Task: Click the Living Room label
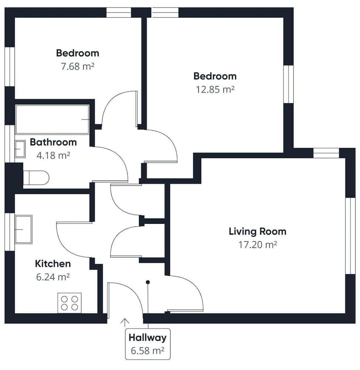point(257,232)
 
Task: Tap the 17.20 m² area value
point(258,245)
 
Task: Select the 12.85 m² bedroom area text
point(215,90)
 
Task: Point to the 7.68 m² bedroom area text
point(77,67)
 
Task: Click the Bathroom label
point(53,142)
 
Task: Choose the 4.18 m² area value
point(53,155)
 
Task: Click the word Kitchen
point(53,264)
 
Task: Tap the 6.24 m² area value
point(53,277)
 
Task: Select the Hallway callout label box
point(148,344)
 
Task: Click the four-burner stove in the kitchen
point(70,303)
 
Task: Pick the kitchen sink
point(23,229)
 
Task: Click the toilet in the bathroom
point(36,178)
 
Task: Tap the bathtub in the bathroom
point(52,120)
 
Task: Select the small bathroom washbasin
point(20,149)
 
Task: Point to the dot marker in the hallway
point(148,282)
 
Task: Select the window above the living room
point(326,153)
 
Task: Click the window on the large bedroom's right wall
point(289,84)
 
